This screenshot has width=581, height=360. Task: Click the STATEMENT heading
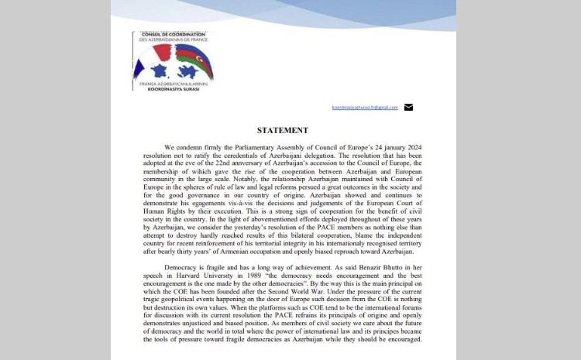283,130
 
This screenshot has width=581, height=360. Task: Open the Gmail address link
364,107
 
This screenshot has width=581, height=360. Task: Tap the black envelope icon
408,107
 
